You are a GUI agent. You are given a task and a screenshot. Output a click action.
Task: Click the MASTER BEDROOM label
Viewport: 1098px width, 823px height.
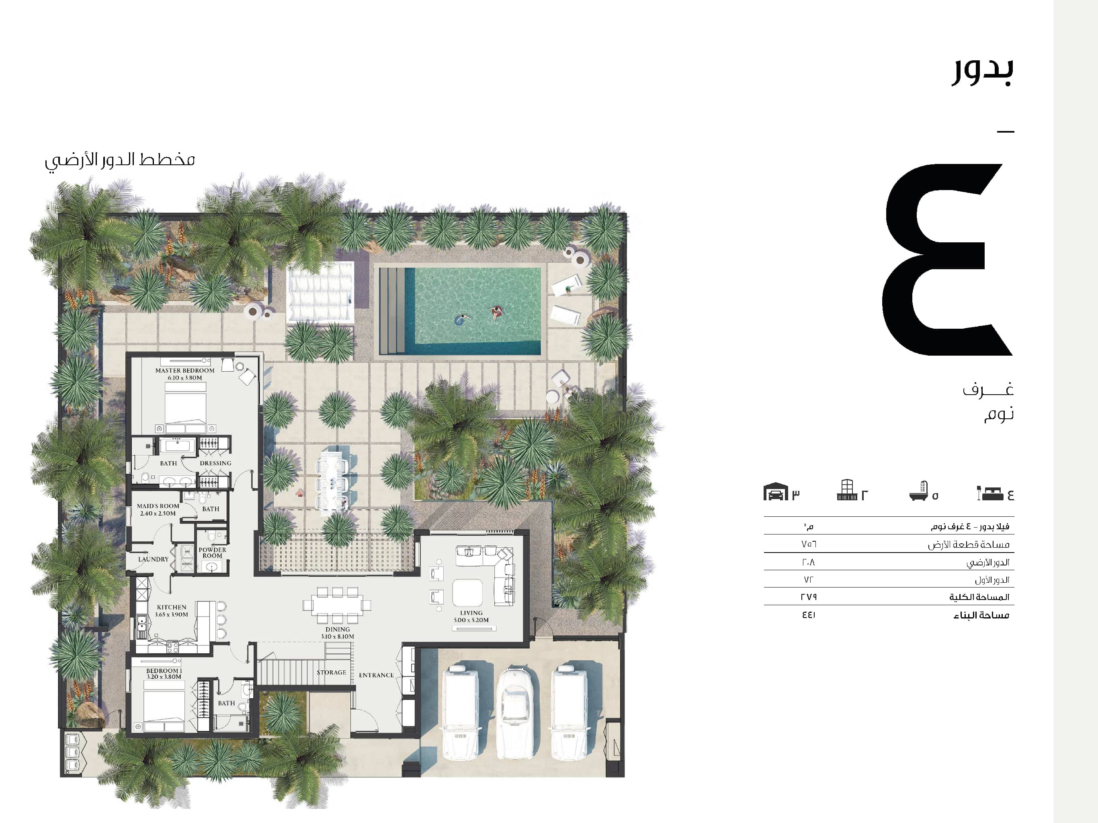[184, 370]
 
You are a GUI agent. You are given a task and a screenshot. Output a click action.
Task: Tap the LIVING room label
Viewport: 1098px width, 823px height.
[471, 612]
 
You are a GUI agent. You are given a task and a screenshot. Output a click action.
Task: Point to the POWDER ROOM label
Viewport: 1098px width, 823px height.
[213, 553]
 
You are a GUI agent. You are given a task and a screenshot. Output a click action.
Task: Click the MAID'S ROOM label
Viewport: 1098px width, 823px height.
[158, 506]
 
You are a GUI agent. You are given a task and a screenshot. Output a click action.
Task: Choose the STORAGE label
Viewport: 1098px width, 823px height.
[332, 672]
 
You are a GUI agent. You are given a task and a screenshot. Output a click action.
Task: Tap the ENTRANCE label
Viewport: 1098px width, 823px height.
[376, 675]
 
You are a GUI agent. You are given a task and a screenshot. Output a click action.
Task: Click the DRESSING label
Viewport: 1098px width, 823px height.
[215, 463]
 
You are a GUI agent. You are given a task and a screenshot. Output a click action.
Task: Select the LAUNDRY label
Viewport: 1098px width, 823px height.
[154, 559]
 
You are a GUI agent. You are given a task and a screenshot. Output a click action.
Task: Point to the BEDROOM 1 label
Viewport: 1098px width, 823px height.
[164, 671]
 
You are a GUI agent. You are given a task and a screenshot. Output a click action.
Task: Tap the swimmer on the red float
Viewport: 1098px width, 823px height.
[496, 313]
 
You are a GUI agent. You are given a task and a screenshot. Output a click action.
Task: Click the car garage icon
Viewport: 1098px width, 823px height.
[775, 492]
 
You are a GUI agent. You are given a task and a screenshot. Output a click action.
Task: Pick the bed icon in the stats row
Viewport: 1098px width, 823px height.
[990, 493]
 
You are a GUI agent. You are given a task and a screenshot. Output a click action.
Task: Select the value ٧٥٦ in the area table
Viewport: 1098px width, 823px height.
[809, 544]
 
